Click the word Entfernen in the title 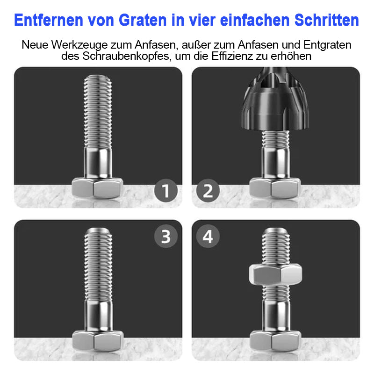point(49,20)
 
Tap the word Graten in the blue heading point(143,20)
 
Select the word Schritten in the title point(326,20)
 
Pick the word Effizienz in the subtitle point(232,56)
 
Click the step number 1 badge point(166,191)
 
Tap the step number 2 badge point(208,191)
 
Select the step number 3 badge point(166,237)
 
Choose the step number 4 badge point(208,237)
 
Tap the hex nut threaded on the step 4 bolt point(275,274)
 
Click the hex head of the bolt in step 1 point(97,188)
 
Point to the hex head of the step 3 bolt point(98,341)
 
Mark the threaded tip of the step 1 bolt point(98,79)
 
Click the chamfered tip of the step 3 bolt point(98,231)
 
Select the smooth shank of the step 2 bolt point(276,163)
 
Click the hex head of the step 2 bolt point(275,188)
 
